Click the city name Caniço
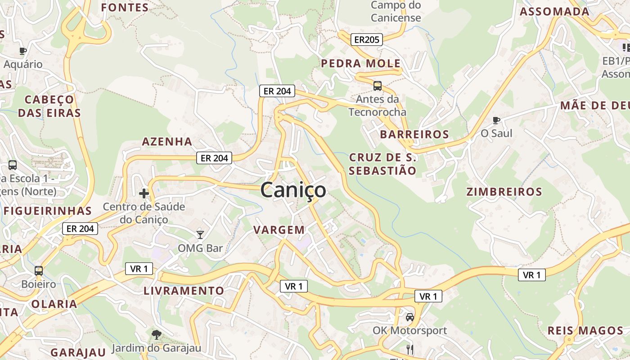point(293,190)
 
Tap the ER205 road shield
point(366,40)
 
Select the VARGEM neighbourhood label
point(279,230)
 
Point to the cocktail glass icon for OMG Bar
point(200,234)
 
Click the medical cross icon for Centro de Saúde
point(144,193)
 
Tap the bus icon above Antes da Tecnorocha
point(378,85)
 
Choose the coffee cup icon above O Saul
point(496,120)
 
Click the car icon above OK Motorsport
point(410,317)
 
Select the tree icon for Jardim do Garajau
point(156,334)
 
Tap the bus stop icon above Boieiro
point(39,270)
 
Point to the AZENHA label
point(167,142)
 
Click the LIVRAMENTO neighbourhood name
point(184,291)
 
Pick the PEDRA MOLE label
point(360,63)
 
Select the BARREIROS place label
point(414,134)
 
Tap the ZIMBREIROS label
point(504,192)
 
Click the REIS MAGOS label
point(585,331)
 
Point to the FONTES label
point(125,8)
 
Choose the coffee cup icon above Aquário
point(23,51)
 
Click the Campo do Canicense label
point(396,12)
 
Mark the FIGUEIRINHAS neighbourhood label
point(48,211)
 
